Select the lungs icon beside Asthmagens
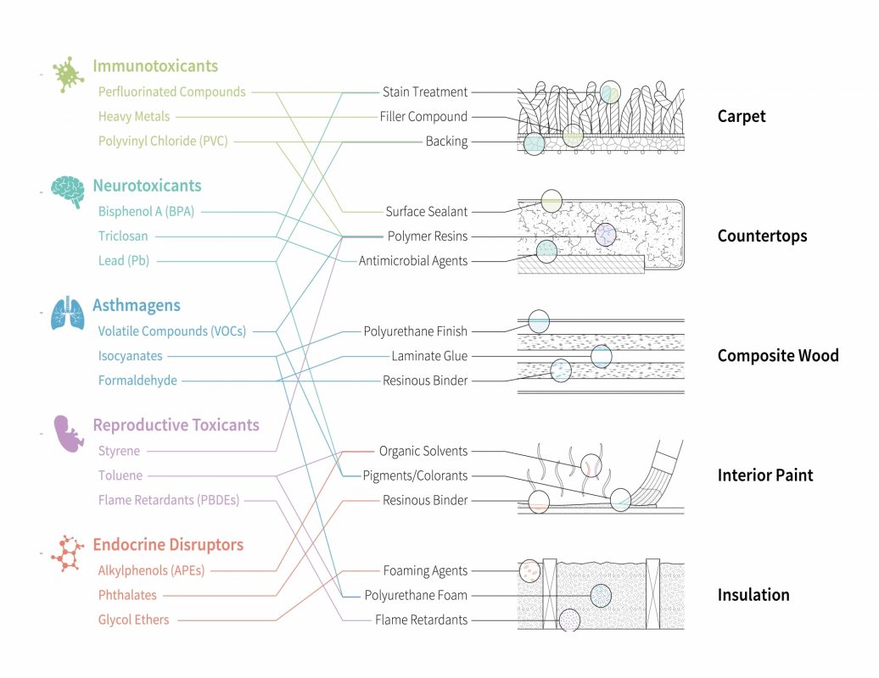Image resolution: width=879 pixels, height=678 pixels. point(67,312)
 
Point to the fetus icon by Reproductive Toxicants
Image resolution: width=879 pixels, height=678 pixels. point(67,432)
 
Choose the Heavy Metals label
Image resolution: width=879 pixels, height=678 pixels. point(134,116)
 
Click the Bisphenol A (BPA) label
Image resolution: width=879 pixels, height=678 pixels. point(146,211)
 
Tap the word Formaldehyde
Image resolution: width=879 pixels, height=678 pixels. point(137,381)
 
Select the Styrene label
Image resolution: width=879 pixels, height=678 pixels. point(119,451)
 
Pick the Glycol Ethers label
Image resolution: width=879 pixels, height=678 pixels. point(133,620)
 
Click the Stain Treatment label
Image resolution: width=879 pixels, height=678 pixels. point(424,92)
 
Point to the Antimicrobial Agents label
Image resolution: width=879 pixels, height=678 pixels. point(412,261)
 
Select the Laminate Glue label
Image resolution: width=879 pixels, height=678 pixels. point(428,356)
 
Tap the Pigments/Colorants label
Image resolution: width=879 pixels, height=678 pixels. point(415,475)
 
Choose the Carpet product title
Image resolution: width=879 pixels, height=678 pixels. point(741,116)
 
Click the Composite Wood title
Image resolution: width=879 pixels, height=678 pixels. point(777,356)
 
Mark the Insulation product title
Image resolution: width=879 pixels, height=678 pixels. point(753,595)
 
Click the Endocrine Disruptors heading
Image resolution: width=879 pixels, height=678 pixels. point(168,545)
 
